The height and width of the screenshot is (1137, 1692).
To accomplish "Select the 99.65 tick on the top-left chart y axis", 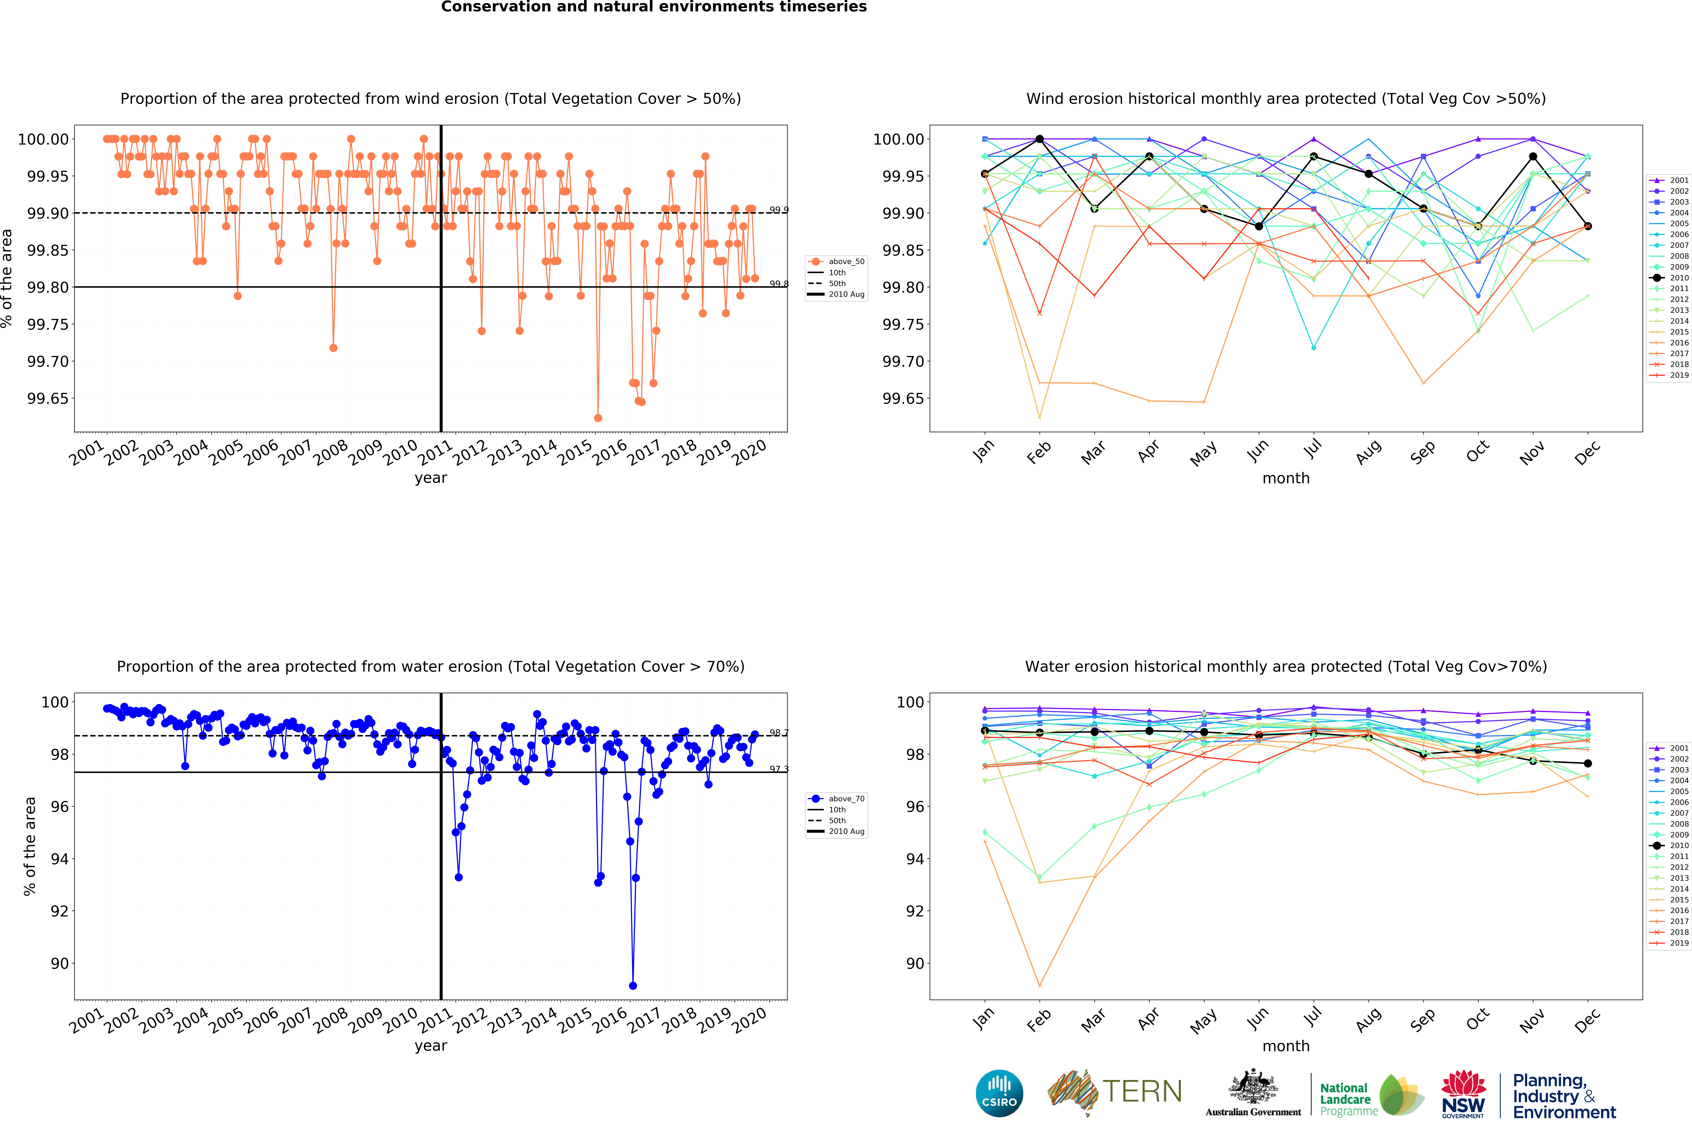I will [48, 399].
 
